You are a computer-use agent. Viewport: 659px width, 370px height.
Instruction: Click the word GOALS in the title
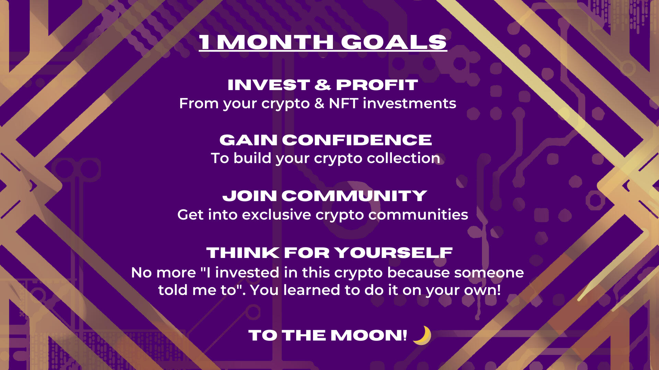coord(394,42)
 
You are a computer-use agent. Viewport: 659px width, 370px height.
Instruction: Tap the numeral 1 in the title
coord(205,42)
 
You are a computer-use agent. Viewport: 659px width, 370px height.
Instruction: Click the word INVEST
coord(269,85)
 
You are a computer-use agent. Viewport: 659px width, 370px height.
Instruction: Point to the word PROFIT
coord(377,85)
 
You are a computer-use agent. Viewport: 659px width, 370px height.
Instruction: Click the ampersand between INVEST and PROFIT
coord(323,85)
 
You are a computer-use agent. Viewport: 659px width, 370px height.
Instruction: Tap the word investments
coord(409,103)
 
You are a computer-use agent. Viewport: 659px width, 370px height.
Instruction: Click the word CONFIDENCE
coord(357,140)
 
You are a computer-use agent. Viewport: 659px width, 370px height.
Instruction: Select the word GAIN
coord(248,140)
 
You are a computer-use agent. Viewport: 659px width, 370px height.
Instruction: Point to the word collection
coord(403,158)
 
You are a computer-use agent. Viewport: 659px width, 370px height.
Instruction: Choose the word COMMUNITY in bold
coord(354,196)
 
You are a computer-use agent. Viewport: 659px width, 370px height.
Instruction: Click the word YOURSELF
coord(394,253)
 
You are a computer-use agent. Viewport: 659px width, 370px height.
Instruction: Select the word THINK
coord(243,253)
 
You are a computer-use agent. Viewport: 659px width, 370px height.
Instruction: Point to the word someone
coord(489,273)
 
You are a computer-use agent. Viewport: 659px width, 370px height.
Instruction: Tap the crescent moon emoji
coord(422,335)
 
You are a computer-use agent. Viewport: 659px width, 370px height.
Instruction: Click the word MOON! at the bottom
coord(369,335)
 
